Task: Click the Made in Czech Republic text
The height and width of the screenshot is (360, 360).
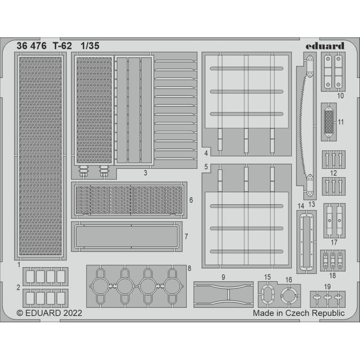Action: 299,312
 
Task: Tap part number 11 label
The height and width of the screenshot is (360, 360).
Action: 340,122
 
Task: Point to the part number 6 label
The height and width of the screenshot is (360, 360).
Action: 191,199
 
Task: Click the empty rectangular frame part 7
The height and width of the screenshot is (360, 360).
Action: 126,236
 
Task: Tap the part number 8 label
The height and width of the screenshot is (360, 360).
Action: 189,269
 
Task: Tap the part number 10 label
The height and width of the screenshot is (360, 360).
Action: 340,96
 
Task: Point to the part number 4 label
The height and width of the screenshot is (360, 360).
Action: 206,153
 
